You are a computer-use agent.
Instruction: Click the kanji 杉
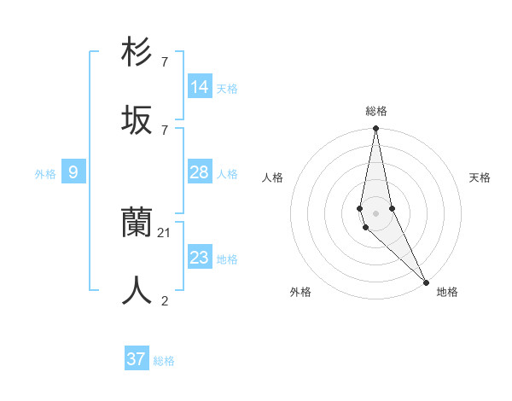point(137,52)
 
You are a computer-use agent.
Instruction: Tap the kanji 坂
point(137,119)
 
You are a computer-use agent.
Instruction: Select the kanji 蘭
point(137,223)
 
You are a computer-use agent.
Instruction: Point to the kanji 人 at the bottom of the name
point(137,290)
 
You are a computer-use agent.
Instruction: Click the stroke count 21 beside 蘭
point(165,232)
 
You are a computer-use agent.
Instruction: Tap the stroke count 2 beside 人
point(165,299)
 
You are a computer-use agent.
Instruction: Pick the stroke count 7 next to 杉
point(165,61)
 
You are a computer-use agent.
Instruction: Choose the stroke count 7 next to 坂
point(165,129)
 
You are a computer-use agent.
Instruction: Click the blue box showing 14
point(200,87)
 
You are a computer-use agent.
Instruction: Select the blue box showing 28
point(200,173)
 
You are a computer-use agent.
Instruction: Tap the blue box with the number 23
point(200,258)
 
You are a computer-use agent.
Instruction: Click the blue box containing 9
point(73,173)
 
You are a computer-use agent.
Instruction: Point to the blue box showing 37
point(137,359)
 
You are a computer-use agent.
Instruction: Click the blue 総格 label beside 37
point(164,361)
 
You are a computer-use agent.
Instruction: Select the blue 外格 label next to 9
point(45,174)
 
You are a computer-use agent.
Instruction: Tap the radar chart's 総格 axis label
point(375,111)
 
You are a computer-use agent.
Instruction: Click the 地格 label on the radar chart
point(447,292)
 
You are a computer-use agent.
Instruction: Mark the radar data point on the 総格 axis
point(375,129)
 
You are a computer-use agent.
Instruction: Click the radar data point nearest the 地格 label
point(426,281)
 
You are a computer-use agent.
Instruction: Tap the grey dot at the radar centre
point(375,212)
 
